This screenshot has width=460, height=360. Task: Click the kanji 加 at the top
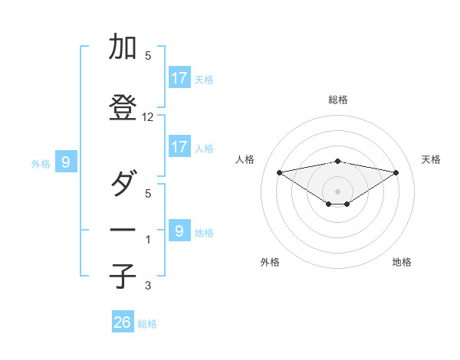[123, 47]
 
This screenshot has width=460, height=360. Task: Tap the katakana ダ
[123, 184]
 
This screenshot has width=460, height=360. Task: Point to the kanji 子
[123, 276]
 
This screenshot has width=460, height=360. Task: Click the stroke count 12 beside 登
[148, 117]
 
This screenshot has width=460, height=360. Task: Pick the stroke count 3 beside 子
[148, 286]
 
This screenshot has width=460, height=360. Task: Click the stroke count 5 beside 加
[148, 56]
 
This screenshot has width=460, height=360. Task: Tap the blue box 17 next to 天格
[179, 78]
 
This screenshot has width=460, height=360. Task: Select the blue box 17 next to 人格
[179, 147]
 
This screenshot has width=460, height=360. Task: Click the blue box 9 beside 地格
[179, 231]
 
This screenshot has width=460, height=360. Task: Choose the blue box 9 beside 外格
[66, 162]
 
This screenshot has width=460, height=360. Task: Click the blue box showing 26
[123, 322]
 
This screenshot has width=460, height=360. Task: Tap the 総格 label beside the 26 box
[147, 324]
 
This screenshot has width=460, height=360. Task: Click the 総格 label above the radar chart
[337, 100]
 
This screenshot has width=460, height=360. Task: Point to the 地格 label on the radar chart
[402, 262]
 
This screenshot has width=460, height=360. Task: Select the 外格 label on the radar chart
[270, 262]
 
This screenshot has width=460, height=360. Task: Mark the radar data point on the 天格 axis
[396, 172]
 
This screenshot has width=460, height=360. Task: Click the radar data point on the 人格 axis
[279, 172]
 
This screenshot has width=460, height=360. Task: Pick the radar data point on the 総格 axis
[337, 161]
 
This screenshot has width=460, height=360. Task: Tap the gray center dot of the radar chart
[337, 191]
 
